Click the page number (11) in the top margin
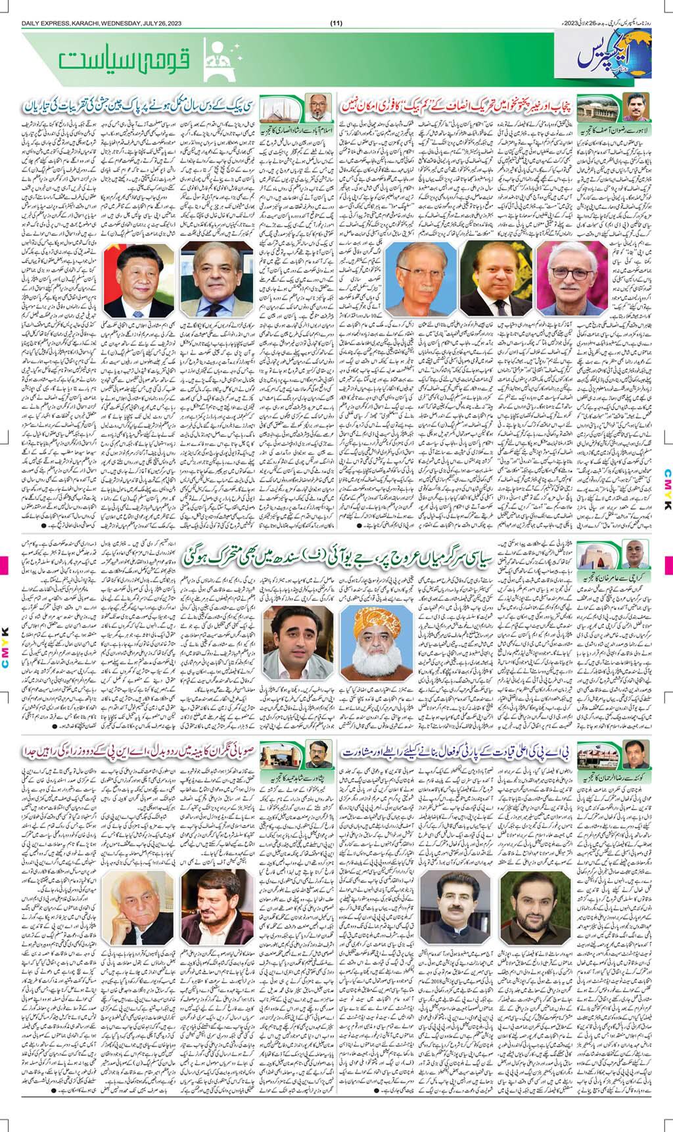click(x=336, y=24)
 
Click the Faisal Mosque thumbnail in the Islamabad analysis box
click(x=275, y=107)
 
